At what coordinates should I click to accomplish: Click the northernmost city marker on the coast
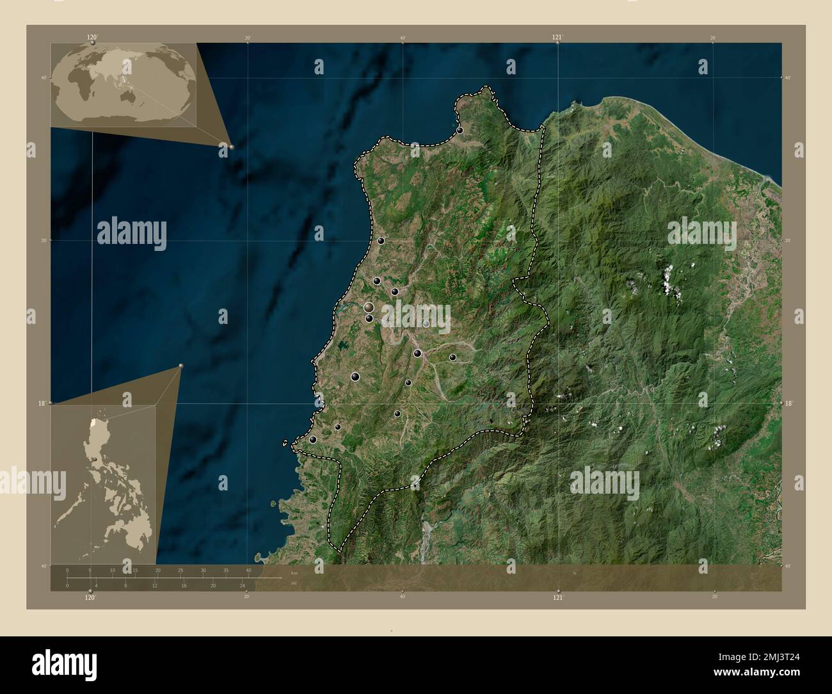click(x=460, y=131)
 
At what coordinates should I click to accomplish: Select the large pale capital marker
click(x=369, y=308)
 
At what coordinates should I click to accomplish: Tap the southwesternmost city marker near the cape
click(x=312, y=440)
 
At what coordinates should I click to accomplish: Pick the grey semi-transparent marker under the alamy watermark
click(x=426, y=324)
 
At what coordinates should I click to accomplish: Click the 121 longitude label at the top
click(x=557, y=38)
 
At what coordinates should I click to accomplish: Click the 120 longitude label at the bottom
click(x=90, y=597)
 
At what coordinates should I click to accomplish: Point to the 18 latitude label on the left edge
click(x=41, y=403)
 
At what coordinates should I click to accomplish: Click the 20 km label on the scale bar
click(x=157, y=570)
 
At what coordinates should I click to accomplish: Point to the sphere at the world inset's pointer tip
click(x=231, y=147)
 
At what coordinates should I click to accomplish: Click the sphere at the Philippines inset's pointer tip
click(x=181, y=366)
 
